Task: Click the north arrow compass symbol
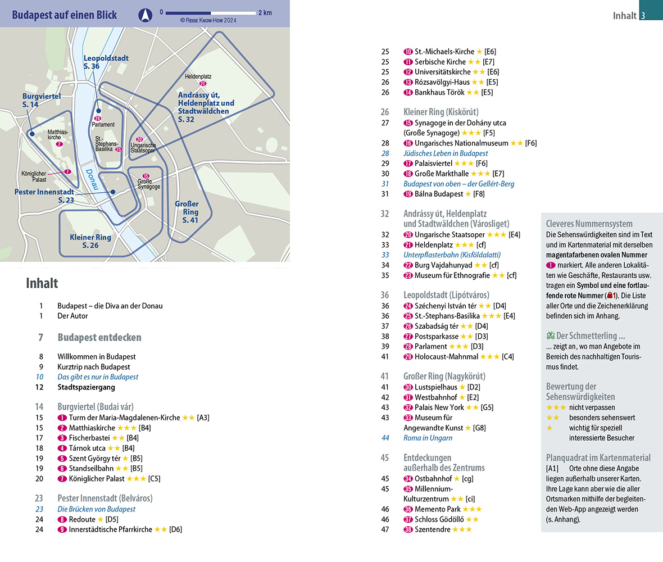(146, 13)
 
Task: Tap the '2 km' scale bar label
(265, 12)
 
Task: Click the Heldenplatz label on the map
(197, 76)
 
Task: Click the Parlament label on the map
(103, 125)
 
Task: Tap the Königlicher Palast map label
(33, 176)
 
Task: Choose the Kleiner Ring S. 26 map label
(90, 241)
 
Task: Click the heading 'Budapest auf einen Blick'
(65, 15)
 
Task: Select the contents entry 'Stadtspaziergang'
(86, 387)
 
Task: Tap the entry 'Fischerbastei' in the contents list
(89, 438)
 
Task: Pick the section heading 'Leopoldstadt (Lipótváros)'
(446, 295)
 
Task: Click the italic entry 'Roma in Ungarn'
(428, 438)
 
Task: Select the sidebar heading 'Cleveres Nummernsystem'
(589, 223)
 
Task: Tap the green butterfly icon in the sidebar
(550, 336)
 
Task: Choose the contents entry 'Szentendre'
(432, 529)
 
